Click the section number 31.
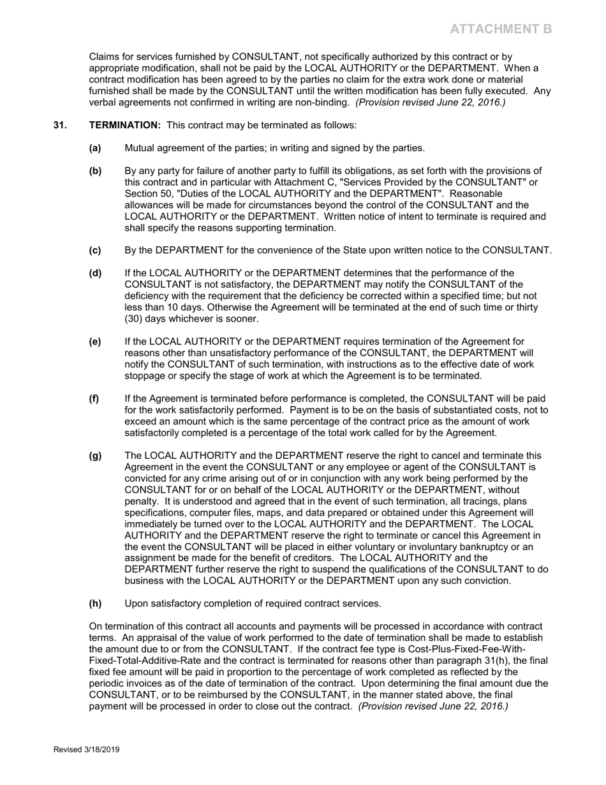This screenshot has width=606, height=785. pos(60,125)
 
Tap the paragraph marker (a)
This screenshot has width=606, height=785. pos(95,148)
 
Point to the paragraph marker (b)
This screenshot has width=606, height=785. pos(95,171)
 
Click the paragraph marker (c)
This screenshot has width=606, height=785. pos(95,250)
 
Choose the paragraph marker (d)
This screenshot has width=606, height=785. pos(95,273)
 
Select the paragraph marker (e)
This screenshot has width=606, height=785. pos(95,342)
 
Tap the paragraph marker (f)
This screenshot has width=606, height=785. pos(94,399)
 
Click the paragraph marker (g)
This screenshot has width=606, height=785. pos(95,456)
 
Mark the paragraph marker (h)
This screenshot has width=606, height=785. pos(95,603)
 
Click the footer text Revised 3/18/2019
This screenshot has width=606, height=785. pos(86,750)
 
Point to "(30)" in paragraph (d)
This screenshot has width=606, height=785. pos(135,319)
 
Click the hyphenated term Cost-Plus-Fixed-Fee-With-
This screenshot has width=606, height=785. pos(469,649)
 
